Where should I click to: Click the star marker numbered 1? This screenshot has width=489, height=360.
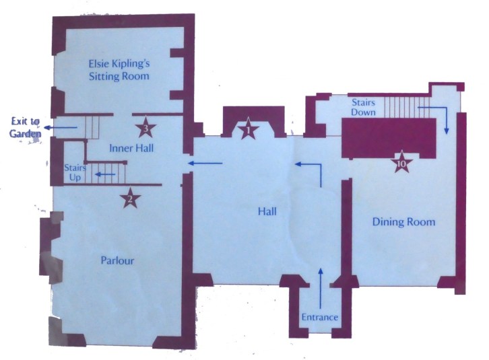[248, 130]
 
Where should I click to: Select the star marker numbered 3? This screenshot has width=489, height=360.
[145, 127]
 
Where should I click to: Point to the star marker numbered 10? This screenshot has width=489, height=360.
[401, 161]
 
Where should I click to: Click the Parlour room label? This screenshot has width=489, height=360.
[117, 260]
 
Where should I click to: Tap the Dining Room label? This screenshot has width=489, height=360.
[404, 221]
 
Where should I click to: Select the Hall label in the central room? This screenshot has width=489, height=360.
[267, 211]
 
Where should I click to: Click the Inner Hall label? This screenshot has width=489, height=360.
[131, 148]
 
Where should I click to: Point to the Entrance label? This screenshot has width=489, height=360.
[320, 317]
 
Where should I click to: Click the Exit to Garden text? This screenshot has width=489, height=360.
[25, 127]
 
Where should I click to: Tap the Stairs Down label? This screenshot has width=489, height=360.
[363, 107]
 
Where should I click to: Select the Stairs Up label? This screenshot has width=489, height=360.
[75, 172]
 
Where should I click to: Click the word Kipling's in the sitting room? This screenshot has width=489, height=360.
[131, 64]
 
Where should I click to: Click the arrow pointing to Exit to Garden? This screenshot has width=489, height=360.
[61, 127]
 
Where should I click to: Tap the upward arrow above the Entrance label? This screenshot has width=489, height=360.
[321, 287]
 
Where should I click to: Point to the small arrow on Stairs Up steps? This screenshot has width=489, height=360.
[105, 174]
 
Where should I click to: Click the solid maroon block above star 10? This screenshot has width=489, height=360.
[389, 138]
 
